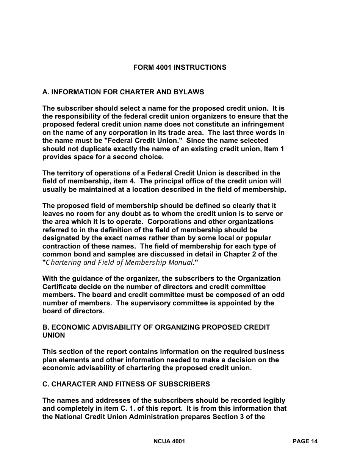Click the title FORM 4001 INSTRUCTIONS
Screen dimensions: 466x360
[180, 67]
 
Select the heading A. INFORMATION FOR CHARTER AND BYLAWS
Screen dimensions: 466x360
[123, 92]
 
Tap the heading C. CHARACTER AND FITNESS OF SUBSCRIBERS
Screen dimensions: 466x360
[126, 384]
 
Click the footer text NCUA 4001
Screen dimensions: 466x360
[169, 441]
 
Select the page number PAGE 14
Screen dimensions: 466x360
[305, 441]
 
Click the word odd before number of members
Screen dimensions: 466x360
[278, 295]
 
